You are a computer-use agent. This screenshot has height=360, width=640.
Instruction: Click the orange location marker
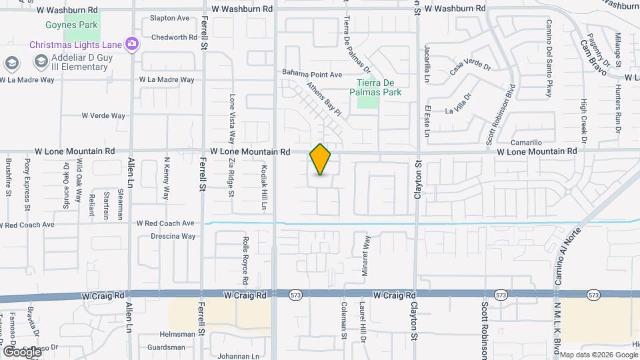click(321, 159)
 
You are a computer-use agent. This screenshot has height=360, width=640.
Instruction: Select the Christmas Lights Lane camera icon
click(132, 43)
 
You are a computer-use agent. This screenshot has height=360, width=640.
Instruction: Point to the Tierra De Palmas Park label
click(378, 87)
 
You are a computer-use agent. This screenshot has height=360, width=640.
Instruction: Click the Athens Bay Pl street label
click(324, 99)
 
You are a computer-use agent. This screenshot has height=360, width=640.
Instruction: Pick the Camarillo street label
click(526, 143)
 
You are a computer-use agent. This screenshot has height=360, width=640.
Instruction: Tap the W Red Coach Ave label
click(165, 223)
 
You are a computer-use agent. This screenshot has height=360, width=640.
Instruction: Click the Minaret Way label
click(366, 251)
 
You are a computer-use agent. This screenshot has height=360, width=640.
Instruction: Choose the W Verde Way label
click(103, 115)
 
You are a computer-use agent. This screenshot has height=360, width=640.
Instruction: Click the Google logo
click(22, 351)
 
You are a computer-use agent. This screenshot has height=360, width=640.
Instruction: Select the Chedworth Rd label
click(175, 37)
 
